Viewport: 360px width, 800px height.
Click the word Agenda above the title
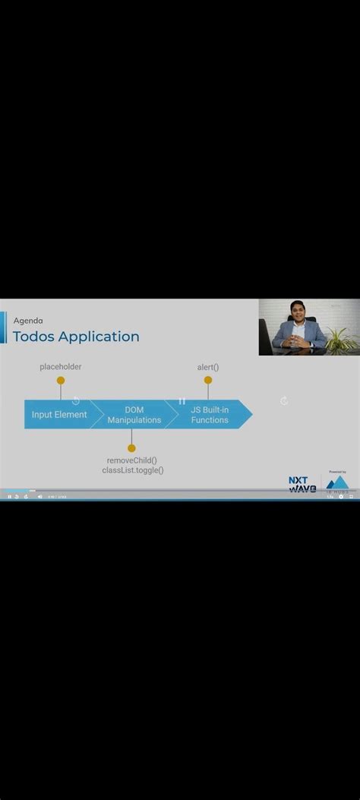28,321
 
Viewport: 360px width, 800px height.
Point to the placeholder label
61,367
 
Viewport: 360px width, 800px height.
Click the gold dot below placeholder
61,381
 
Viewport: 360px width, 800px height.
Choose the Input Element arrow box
59,415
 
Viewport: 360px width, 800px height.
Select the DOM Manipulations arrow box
134,415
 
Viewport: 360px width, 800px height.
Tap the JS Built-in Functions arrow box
210,415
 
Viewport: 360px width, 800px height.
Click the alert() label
208,368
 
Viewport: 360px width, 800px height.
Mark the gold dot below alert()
208,381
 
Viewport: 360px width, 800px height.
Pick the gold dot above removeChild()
131,448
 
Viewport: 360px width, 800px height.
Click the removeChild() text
132,460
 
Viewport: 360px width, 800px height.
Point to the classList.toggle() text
133,470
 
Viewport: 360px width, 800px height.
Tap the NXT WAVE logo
302,485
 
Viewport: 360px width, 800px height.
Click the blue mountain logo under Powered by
337,483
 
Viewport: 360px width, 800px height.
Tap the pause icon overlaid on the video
182,400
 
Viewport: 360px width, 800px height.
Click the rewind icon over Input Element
76,400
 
